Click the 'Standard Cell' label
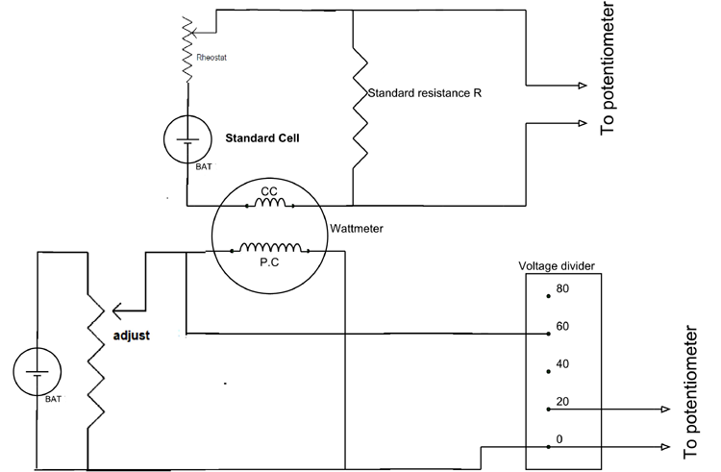(x=262, y=138)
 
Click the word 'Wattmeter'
(x=356, y=230)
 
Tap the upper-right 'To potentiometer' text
(x=607, y=69)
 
